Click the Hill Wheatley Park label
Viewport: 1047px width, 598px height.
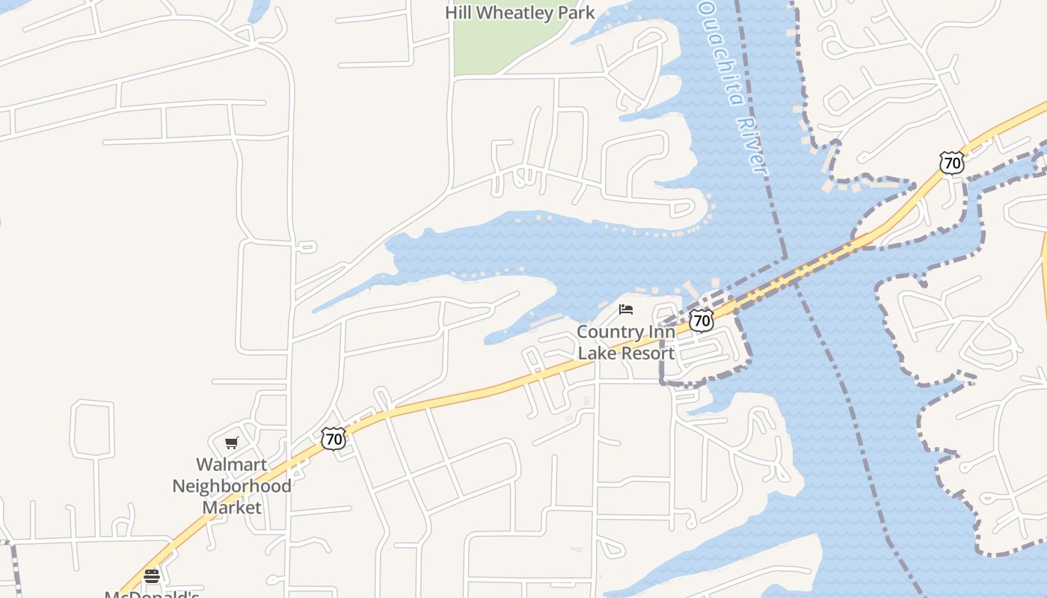(x=520, y=13)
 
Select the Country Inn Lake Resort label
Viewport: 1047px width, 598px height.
(x=626, y=342)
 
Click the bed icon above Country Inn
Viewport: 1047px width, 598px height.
(x=626, y=309)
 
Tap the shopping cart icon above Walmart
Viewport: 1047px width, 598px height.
(x=232, y=443)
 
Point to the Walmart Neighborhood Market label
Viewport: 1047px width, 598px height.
(x=232, y=486)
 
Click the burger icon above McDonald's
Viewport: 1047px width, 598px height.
(x=152, y=576)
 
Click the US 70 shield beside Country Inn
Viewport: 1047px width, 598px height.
(x=701, y=321)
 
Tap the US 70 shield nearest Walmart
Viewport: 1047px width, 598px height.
(x=334, y=438)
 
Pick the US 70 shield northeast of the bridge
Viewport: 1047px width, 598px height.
(x=951, y=162)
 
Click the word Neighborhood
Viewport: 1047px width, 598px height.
(x=232, y=486)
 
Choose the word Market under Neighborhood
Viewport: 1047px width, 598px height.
(x=232, y=508)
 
